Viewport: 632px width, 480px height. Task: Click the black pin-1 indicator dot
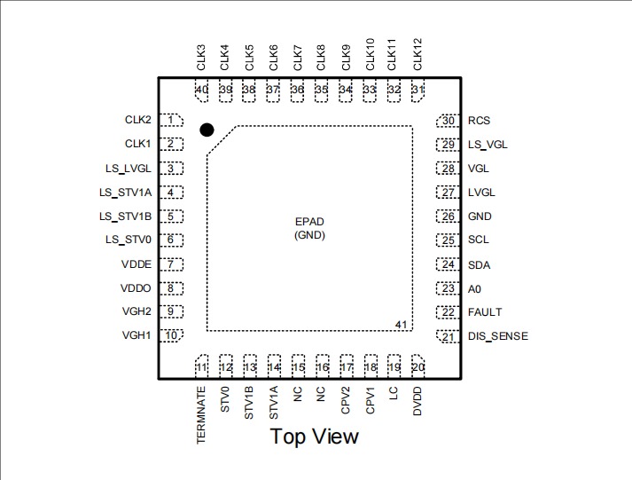pyautogui.click(x=207, y=130)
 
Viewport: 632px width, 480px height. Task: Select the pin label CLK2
pyautogui.click(x=137, y=119)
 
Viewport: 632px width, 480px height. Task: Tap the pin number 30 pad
pyautogui.click(x=449, y=121)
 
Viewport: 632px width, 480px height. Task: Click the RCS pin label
pyautogui.click(x=479, y=121)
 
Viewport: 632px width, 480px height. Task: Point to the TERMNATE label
pyautogui.click(x=201, y=415)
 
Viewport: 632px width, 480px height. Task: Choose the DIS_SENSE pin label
pyautogui.click(x=497, y=336)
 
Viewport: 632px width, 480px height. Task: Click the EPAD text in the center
pyautogui.click(x=310, y=222)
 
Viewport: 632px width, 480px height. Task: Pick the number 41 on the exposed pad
pyautogui.click(x=401, y=326)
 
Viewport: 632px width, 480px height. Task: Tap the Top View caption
pyautogui.click(x=315, y=436)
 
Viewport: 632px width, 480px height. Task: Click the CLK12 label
pyautogui.click(x=417, y=54)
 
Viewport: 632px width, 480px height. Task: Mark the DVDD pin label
pyautogui.click(x=417, y=402)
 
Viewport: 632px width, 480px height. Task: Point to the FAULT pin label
pyautogui.click(x=485, y=312)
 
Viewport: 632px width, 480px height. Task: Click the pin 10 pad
pyautogui.click(x=171, y=335)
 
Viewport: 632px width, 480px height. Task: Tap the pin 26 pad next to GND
pyautogui.click(x=449, y=216)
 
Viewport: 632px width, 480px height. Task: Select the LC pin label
pyautogui.click(x=394, y=395)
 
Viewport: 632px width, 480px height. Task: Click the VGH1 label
pyautogui.click(x=137, y=335)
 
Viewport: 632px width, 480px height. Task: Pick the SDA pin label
pyautogui.click(x=479, y=264)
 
